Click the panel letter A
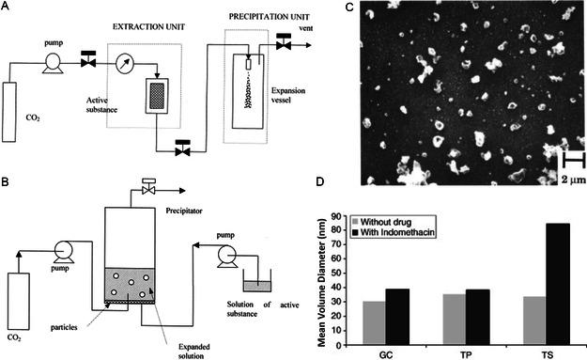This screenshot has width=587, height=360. click(8, 8)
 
